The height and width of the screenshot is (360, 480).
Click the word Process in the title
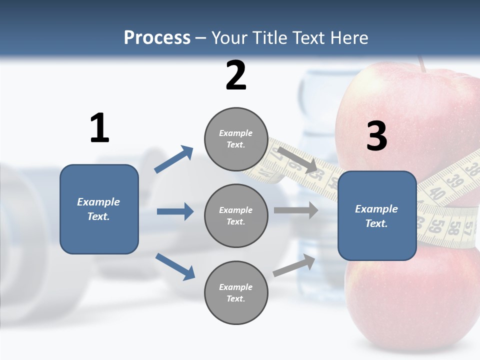[157, 38]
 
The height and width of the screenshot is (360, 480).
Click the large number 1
[99, 128]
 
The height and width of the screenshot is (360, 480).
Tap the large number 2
[236, 75]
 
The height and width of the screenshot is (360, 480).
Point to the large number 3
[376, 136]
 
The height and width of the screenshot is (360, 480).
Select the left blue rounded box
[99, 209]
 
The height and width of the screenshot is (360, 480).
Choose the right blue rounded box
[377, 216]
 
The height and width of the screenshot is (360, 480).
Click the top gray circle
[236, 139]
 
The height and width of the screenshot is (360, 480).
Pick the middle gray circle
[236, 215]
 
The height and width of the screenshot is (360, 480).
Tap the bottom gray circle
[236, 292]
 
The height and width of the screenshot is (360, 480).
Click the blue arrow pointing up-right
[174, 159]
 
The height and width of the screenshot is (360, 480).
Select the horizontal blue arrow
[175, 211]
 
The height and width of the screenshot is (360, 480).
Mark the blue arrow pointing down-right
[175, 266]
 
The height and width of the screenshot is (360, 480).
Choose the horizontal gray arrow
[295, 210]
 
